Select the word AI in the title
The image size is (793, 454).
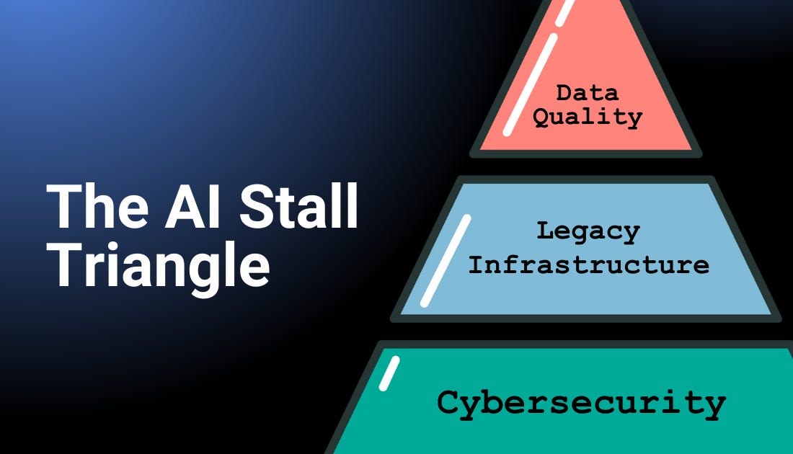[203, 206]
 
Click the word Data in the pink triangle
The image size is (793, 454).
[587, 92]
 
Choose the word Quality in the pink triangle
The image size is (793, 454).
[588, 117]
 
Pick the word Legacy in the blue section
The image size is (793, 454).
[588, 231]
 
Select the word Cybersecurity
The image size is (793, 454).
[581, 402]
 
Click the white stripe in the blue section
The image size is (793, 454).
[446, 261]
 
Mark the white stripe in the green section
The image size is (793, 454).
[389, 373]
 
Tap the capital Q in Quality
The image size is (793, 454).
[541, 117]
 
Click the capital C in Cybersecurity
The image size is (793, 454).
[448, 401]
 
